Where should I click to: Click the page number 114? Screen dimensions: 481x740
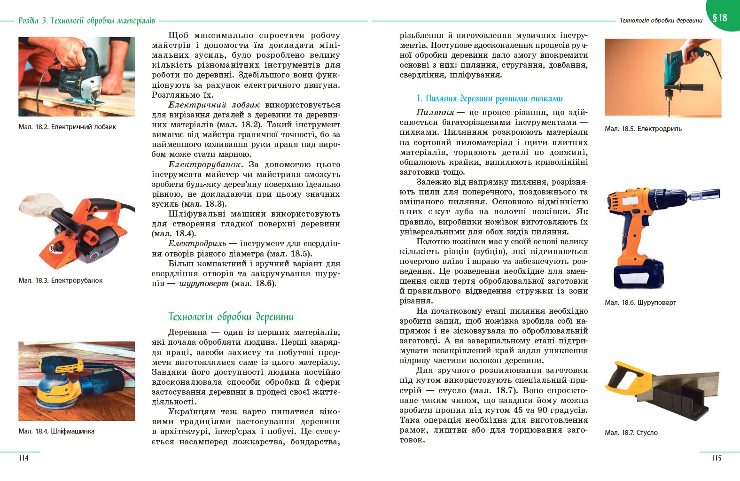(23, 458)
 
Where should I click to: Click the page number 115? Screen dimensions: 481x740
(716, 458)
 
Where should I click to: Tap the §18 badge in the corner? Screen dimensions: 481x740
(720, 18)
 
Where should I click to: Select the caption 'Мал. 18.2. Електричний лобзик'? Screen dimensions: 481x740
(67, 127)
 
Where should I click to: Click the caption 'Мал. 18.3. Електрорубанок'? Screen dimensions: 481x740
(61, 280)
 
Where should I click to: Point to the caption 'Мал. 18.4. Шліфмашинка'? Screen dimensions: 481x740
(56, 431)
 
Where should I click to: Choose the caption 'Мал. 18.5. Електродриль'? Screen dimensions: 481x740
(643, 129)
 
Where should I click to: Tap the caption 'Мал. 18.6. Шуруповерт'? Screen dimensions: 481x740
(640, 303)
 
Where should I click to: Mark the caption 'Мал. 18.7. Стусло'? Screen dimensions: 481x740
(631, 433)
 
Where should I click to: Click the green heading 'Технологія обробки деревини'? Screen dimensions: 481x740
(231, 317)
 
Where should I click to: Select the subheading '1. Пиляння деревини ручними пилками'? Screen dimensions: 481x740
(490, 99)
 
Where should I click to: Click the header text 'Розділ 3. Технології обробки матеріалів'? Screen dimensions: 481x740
(86, 21)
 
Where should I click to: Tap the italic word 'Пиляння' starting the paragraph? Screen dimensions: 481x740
(435, 112)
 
